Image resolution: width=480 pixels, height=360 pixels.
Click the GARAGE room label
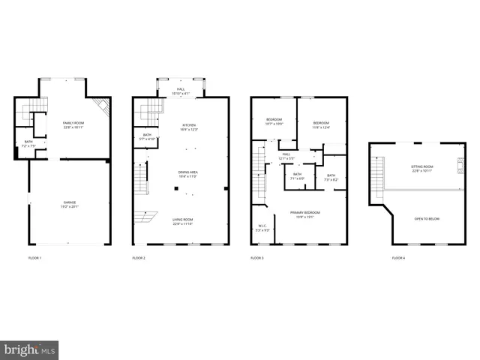pos(70,202)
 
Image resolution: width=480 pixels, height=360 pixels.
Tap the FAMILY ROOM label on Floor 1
pos(73,122)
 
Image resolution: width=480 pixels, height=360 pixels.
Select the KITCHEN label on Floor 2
pos(189,125)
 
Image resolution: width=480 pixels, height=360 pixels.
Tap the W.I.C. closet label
pos(262,226)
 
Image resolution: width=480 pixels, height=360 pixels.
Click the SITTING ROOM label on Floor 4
pos(422,167)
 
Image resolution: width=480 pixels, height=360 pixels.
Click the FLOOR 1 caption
pos(34,258)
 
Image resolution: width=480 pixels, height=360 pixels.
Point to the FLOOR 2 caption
pos(139,258)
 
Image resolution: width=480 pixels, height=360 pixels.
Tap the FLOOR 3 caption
pos(257,258)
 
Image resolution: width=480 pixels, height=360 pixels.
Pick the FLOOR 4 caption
pos(398,258)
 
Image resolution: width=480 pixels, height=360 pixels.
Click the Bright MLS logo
pos(29,350)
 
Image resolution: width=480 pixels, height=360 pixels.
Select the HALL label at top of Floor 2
pos(181,89)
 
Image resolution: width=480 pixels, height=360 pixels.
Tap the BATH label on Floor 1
pos(28,142)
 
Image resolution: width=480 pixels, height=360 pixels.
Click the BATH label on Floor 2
pos(146,135)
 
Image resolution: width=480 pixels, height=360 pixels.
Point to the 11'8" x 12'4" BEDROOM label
pos(321,123)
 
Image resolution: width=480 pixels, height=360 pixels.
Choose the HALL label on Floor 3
pos(286,154)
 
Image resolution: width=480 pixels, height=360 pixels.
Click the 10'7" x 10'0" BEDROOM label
pos(274,120)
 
